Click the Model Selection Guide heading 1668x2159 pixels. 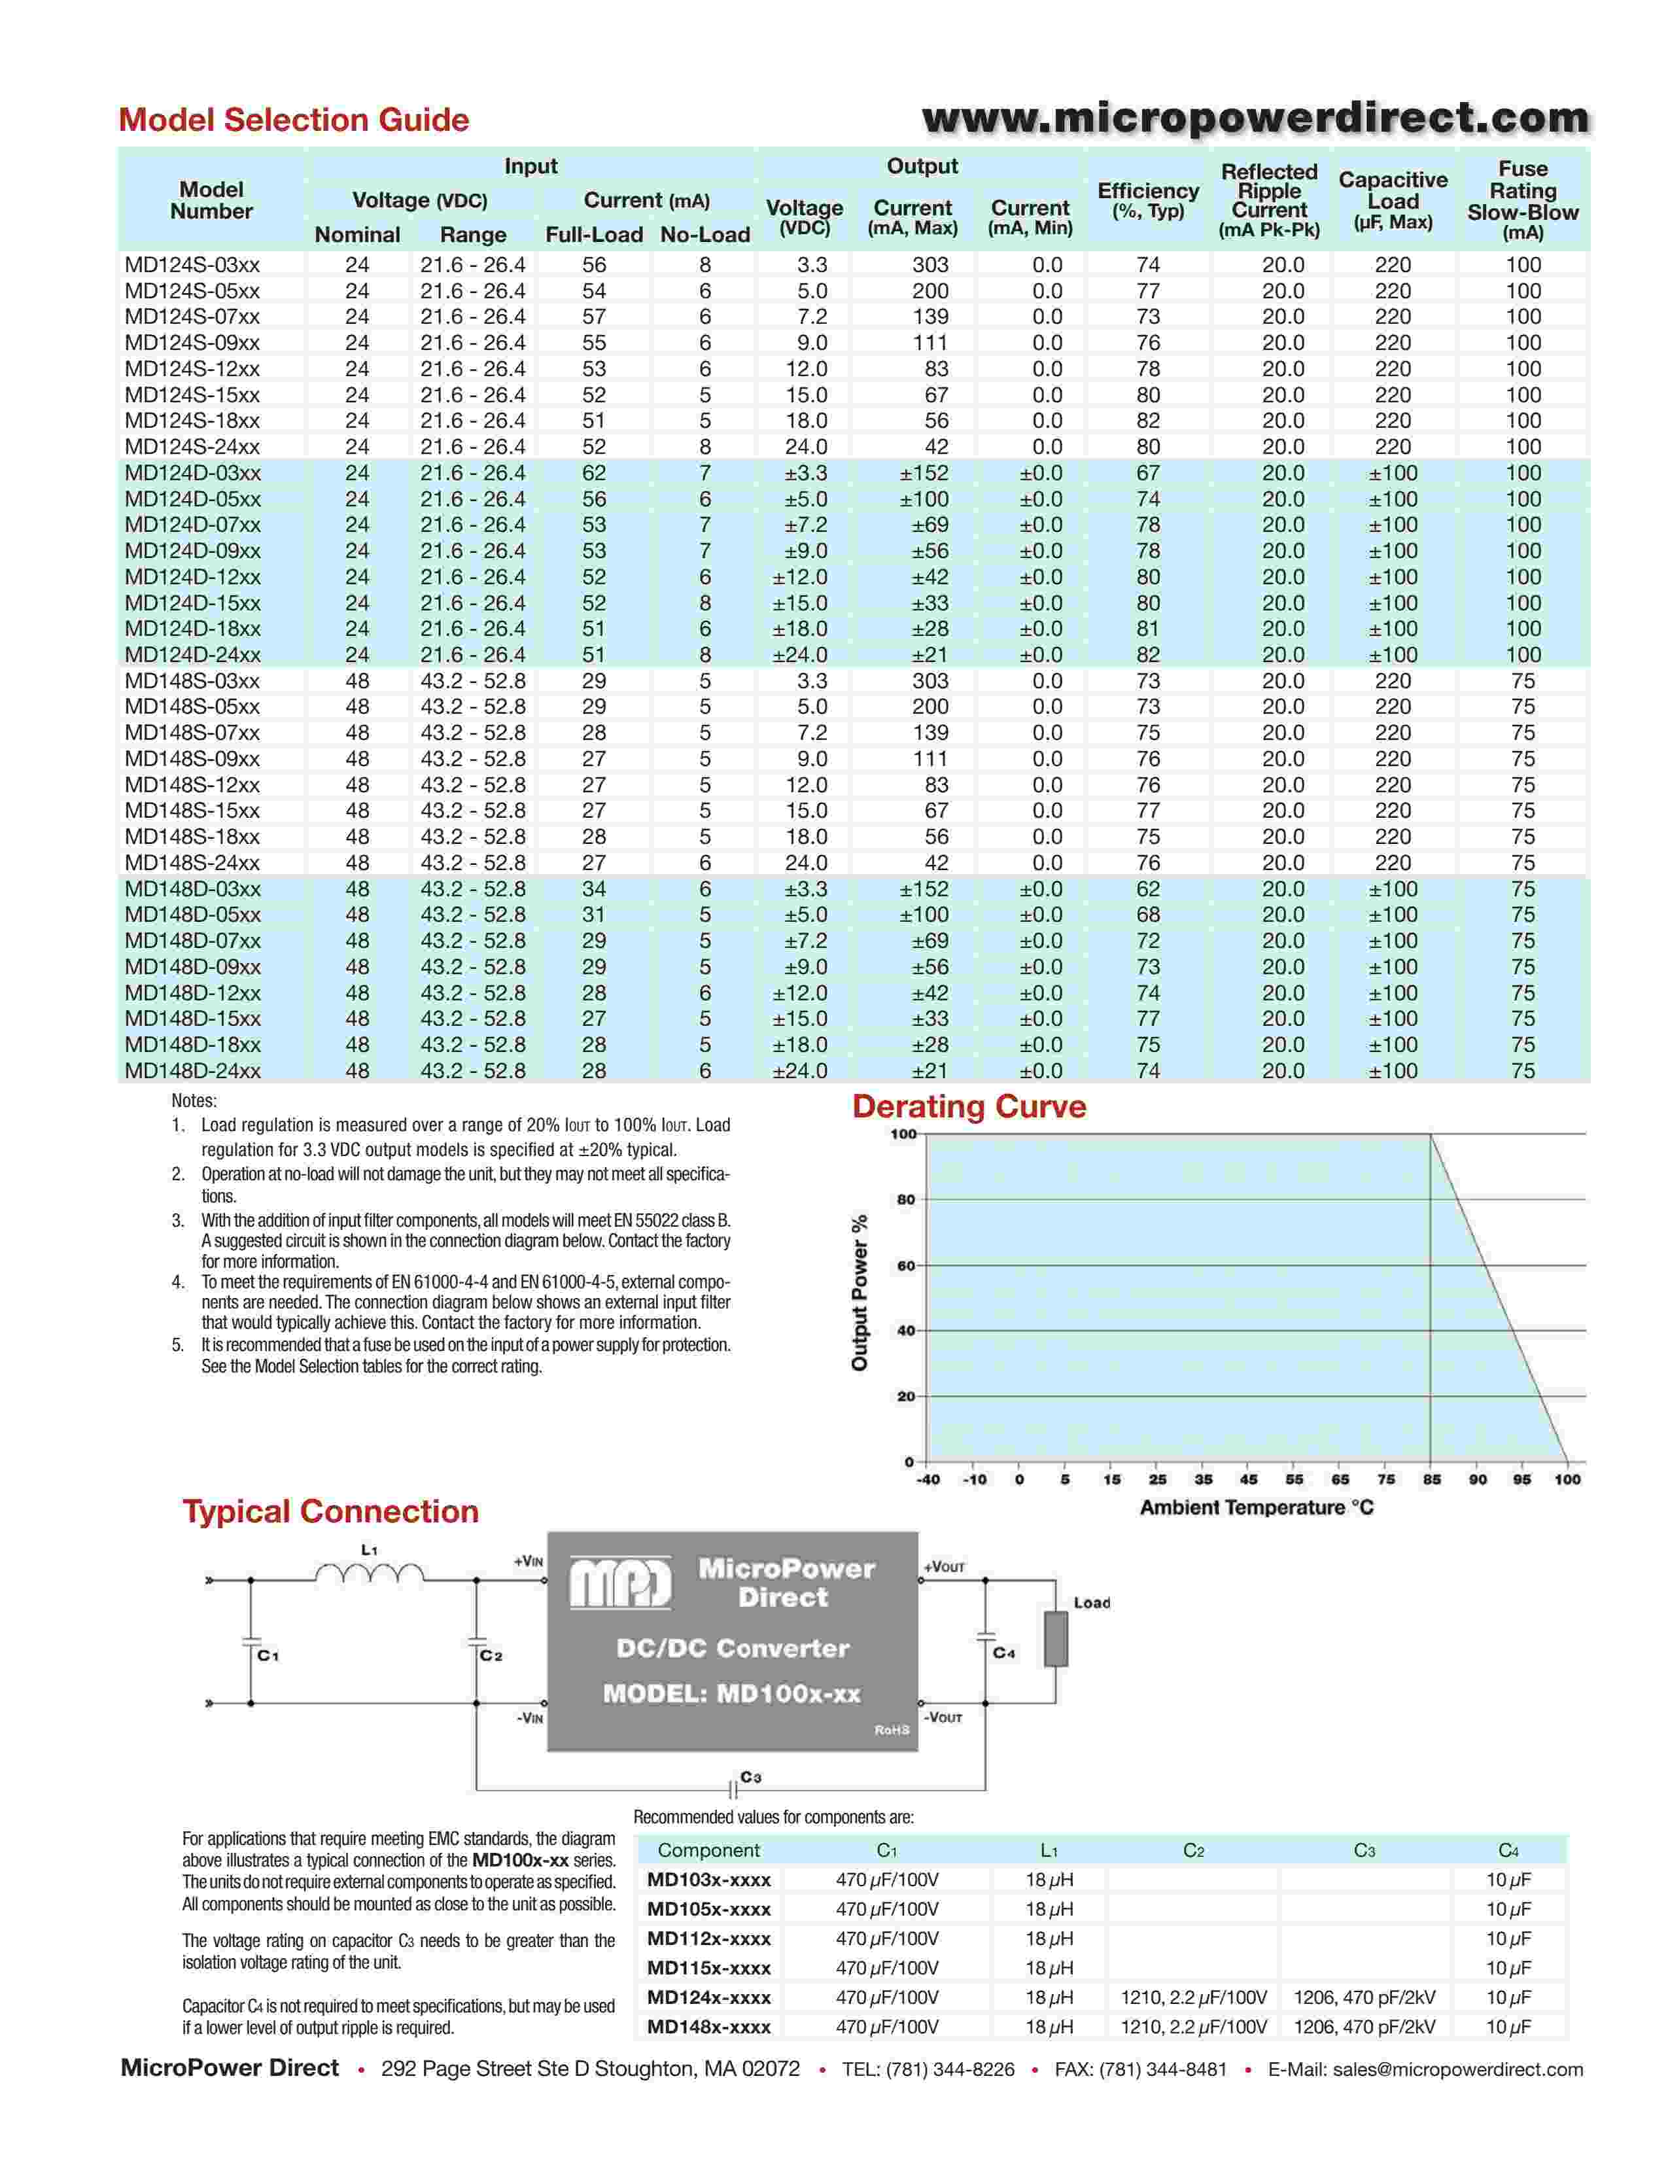294,120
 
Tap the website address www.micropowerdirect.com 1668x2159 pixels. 1255,118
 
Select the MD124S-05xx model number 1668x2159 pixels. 193,290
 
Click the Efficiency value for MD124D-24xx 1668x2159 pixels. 1147,654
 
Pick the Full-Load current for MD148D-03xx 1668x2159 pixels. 594,888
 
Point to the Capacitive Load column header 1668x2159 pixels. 1393,201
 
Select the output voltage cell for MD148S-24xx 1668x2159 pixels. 807,862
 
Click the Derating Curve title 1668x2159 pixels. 968,1106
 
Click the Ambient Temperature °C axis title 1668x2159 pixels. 1256,1507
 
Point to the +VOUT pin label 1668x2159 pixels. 945,1567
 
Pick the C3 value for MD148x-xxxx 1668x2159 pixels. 1364,2027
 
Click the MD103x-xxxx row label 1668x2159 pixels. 708,1879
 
